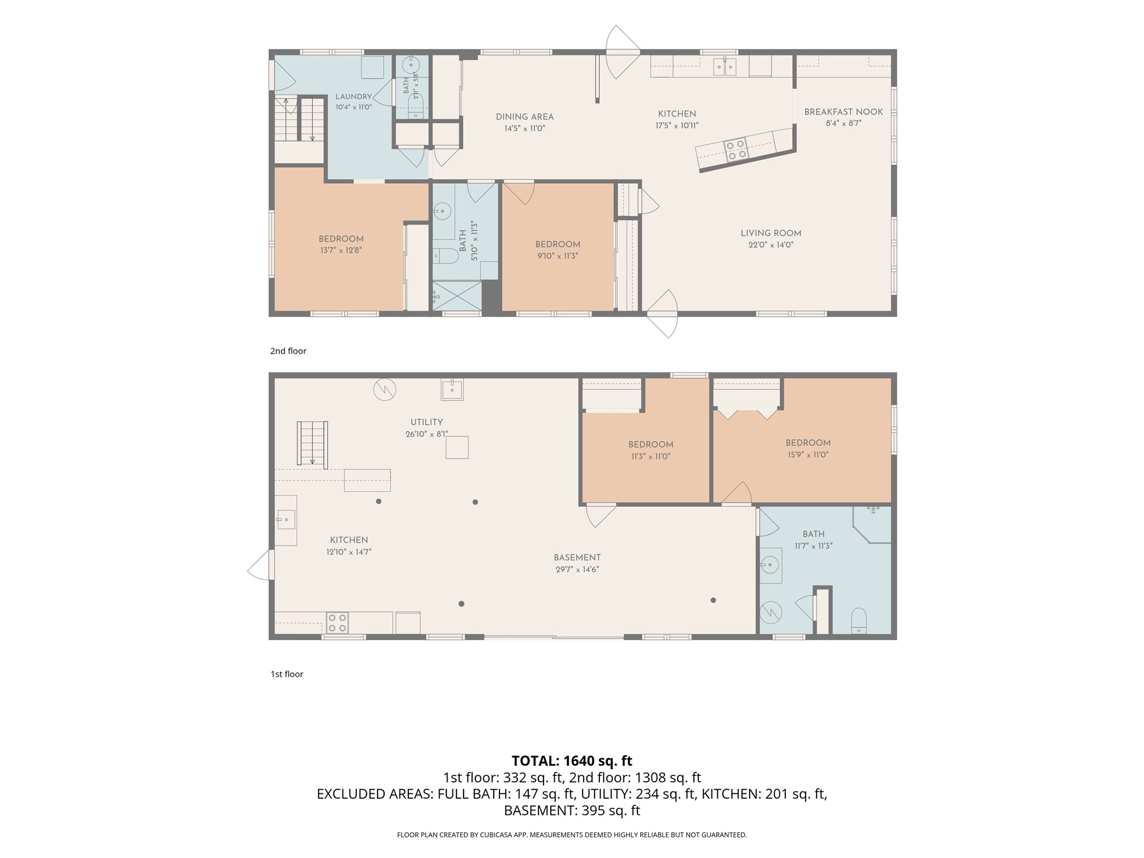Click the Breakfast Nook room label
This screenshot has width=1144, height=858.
coord(843,112)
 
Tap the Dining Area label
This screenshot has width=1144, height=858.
coord(525,117)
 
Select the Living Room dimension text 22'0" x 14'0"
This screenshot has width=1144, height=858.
coord(771,245)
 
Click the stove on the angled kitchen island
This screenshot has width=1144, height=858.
coord(736,150)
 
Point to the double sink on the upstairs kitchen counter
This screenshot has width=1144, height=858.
coord(724,66)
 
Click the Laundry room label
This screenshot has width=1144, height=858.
coord(354,97)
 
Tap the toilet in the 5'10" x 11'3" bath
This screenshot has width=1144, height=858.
coord(445,256)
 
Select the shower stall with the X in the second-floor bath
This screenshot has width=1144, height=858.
coord(457,295)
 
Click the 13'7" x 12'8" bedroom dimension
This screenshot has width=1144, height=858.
coord(341,250)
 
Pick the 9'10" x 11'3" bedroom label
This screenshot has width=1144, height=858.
coord(557,244)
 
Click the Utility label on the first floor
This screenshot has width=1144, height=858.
coord(427,422)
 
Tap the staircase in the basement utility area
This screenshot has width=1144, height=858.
coord(312,444)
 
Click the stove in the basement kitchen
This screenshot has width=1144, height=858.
coord(337,623)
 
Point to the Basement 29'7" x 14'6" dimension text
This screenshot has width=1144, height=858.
coord(577,569)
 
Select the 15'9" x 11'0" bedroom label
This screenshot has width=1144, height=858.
coord(808,442)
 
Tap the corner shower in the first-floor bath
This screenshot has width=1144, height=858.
coord(872,525)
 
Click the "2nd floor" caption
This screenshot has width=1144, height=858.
coord(288,351)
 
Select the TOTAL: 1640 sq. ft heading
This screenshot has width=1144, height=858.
coord(572,761)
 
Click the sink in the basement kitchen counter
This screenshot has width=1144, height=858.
coord(285,520)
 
